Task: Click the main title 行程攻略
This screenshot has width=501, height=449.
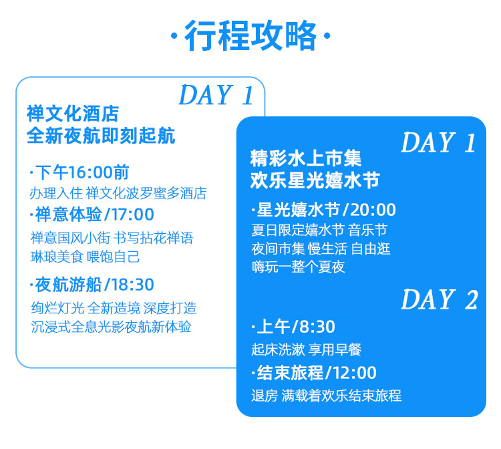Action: [251, 35]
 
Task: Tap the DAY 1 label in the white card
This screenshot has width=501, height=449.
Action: [216, 95]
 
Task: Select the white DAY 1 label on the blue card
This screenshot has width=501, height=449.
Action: [438, 142]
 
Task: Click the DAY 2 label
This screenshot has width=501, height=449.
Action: [440, 299]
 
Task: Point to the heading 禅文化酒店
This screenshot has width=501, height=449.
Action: [73, 114]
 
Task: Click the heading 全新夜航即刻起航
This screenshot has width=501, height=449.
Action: [101, 136]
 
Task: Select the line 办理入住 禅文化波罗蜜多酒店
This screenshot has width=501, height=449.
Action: [118, 193]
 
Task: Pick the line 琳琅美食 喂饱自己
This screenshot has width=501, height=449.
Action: [85, 257]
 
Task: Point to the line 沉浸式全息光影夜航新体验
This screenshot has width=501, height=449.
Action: [111, 327]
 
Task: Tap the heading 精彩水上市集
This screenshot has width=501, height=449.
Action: [306, 158]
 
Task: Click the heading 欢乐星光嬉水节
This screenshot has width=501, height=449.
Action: [315, 180]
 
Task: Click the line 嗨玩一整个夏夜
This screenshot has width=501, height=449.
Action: [299, 267]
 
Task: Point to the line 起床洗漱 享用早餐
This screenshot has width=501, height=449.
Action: [307, 349]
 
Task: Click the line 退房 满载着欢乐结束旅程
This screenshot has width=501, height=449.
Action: [326, 396]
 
